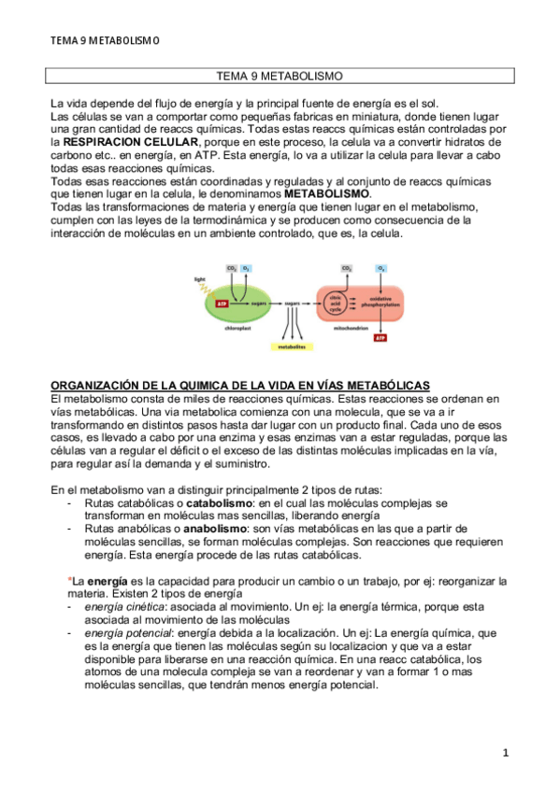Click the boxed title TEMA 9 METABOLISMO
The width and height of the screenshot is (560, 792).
[x=279, y=75]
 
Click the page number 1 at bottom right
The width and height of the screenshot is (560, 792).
[x=505, y=752]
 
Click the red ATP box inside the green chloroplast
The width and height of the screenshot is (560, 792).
[x=221, y=304]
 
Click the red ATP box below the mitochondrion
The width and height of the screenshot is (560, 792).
[x=381, y=337]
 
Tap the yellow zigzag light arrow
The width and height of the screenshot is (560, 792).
[x=203, y=291]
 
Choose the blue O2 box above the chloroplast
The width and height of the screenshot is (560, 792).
[x=247, y=269]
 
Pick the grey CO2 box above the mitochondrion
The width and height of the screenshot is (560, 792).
[x=346, y=269]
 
